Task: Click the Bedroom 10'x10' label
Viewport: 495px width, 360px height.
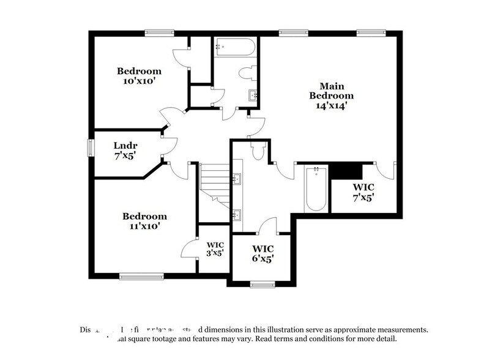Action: (139, 76)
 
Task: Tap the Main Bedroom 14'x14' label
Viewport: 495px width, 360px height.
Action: (331, 96)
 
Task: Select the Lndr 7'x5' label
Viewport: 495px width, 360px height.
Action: (125, 150)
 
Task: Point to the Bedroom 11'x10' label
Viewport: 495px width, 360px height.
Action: (144, 221)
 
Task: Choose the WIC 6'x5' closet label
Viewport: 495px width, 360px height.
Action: (262, 253)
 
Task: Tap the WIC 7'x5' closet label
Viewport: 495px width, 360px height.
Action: (363, 192)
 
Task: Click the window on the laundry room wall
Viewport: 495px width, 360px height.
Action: (91, 148)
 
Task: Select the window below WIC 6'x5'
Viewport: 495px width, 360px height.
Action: (262, 283)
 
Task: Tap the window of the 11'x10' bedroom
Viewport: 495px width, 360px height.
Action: (142, 276)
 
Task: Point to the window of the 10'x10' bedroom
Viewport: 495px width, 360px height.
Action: (162, 32)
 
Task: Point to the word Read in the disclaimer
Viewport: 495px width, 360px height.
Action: (264, 339)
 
